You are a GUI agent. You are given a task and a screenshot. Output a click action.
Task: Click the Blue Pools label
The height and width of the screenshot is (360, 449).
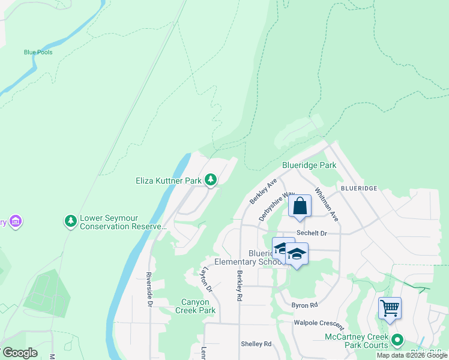coord(38,52)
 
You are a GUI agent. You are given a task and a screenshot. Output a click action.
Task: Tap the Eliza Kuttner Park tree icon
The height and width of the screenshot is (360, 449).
coord(210,179)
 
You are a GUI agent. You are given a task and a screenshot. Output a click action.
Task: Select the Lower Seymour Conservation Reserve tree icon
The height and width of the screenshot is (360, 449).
coord(71,221)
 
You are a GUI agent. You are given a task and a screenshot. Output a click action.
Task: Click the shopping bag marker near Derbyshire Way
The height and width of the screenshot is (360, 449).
coord(300,206)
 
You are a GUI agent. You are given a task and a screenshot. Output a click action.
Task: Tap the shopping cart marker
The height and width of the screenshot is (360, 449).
coord(390,308)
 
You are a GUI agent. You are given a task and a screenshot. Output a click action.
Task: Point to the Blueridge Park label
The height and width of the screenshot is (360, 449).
coord(309,165)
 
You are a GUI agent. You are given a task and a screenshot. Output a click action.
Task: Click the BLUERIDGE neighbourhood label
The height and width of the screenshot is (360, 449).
coord(358,188)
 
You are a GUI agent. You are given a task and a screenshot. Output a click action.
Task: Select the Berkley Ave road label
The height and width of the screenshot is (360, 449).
coord(262,190)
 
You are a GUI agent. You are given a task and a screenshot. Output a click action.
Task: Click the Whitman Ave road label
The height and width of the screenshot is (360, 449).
coord(327,205)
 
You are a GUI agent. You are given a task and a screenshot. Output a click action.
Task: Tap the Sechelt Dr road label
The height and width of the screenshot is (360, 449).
coord(311,233)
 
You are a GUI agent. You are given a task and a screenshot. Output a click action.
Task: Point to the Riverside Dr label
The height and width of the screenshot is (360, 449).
coord(149,289)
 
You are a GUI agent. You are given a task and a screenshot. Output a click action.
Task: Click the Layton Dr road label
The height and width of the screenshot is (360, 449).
coord(208,280)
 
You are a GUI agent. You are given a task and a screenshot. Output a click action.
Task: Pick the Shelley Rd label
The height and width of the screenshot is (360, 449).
coord(256,344)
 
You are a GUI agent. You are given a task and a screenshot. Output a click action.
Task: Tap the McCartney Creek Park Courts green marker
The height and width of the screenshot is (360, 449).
coord(397,340)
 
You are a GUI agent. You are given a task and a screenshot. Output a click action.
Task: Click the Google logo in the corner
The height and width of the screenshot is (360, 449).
coord(20,353)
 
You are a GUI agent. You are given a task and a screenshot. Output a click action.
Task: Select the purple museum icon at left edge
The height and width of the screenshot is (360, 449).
coord(16,222)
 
